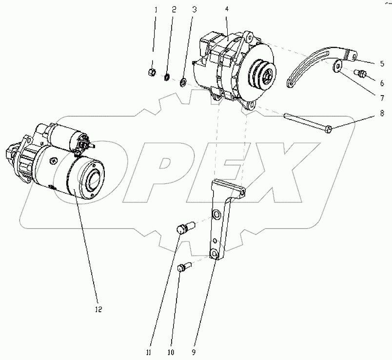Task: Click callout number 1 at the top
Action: click(x=156, y=10)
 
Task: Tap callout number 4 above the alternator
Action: click(x=227, y=9)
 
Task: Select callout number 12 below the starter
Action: click(x=98, y=309)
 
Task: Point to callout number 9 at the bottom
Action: click(x=194, y=353)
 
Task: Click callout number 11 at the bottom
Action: click(x=149, y=353)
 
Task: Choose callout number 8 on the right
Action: click(x=382, y=113)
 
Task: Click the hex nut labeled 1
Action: click(x=152, y=72)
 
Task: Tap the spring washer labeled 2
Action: click(x=167, y=77)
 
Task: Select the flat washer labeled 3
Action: click(x=183, y=81)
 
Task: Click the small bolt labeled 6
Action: click(x=360, y=73)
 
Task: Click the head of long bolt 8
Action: click(x=329, y=129)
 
